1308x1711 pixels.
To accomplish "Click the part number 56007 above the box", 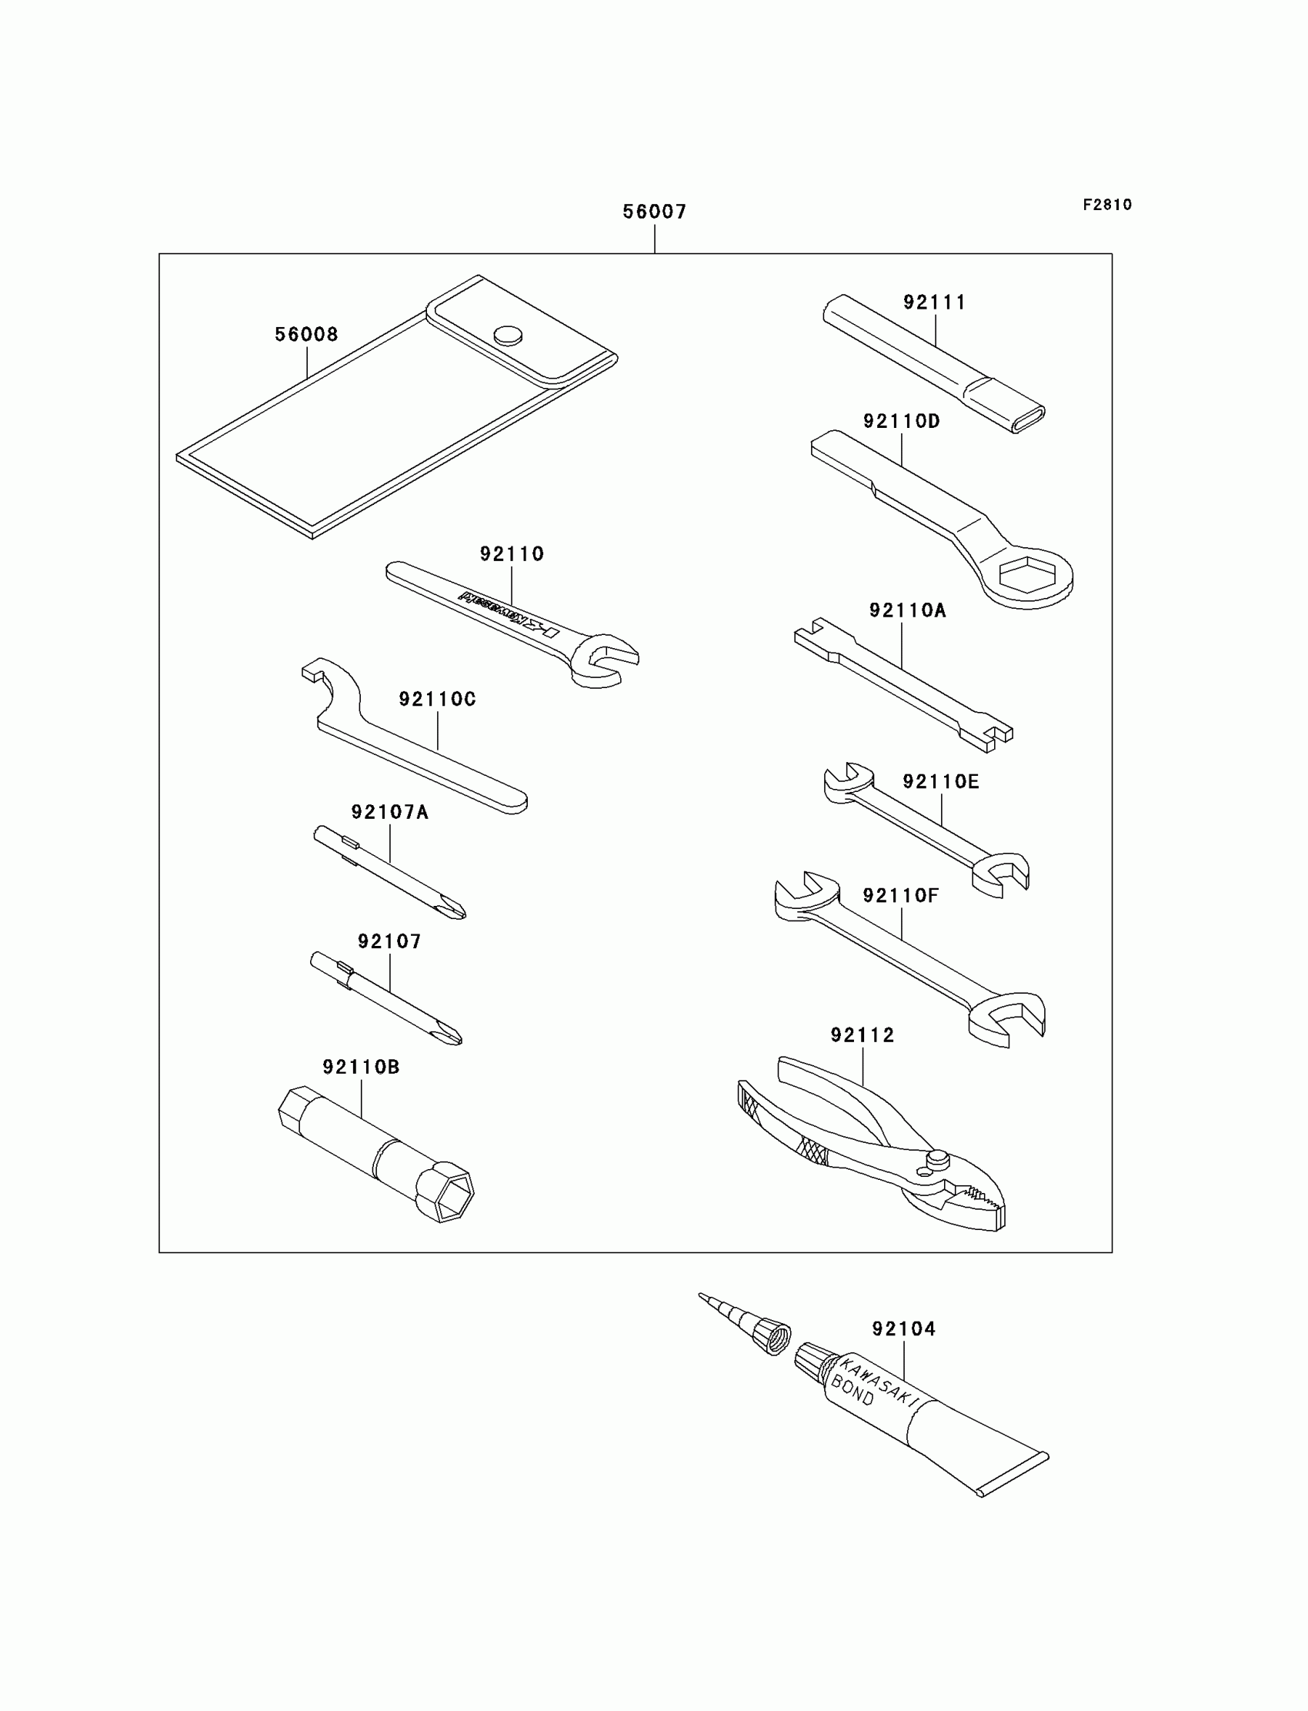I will click(654, 212).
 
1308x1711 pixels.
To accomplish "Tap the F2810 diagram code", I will click(1106, 205).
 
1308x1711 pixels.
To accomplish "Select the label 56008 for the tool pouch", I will click(306, 335).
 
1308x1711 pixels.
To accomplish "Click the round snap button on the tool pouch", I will click(508, 335).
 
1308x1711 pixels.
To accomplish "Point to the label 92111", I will click(934, 302).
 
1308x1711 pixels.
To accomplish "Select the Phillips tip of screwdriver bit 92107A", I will click(453, 909).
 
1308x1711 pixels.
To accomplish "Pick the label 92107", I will click(389, 941).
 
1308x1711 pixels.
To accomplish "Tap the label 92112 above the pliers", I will click(862, 1035).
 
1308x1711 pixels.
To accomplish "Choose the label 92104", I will click(903, 1328).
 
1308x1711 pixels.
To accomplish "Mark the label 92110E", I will click(940, 782).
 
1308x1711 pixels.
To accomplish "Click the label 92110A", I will click(907, 610).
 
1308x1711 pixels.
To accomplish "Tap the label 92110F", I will click(901, 896).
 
